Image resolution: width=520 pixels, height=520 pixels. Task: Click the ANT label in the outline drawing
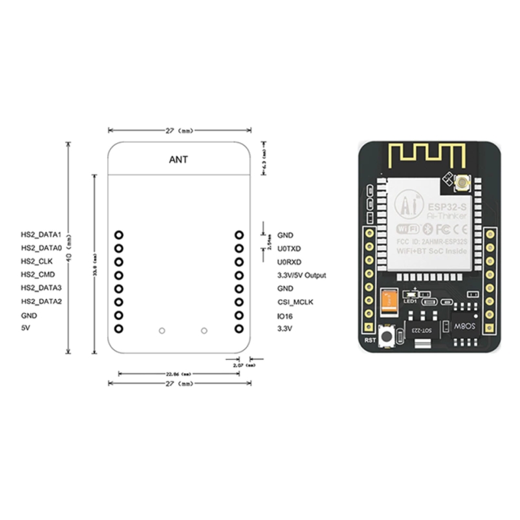coord(179,159)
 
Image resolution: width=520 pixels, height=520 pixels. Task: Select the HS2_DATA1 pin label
coord(42,235)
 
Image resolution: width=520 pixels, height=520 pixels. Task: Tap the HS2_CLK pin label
coord(37,261)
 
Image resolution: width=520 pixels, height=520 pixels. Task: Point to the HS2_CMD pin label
coord(38,275)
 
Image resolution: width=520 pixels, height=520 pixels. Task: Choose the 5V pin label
coord(25,329)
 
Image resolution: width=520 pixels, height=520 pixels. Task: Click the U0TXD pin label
coord(289,248)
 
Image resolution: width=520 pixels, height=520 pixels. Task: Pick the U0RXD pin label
coord(289,262)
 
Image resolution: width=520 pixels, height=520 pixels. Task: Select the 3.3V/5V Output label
coord(302,276)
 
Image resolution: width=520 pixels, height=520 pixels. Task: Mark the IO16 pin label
coord(285,316)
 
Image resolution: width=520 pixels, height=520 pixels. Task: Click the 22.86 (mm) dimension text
coord(177,374)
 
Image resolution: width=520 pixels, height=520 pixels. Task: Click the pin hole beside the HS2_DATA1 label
coord(118,235)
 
